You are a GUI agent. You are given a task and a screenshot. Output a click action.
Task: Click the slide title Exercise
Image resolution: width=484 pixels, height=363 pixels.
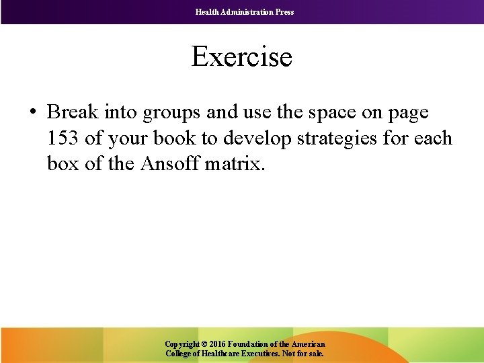click(242, 56)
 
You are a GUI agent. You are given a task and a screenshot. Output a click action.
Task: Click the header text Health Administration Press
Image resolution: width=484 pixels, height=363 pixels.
click(245, 12)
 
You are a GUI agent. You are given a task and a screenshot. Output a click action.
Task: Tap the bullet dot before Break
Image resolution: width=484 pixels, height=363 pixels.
click(33, 112)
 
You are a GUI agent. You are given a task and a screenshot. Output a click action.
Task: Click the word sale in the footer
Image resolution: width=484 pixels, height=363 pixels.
click(314, 353)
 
